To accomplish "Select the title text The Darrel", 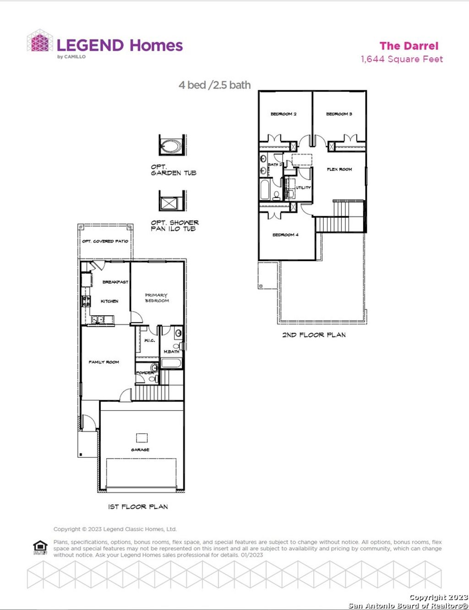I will pos(409,46).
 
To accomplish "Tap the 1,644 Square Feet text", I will pos(402,59).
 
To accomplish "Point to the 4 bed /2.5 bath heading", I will pos(214,85).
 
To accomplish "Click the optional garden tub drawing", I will pos(172,146).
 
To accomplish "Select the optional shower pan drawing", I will pos(172,202).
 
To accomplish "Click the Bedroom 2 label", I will pos(284,114).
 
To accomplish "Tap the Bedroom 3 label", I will pos(339,114).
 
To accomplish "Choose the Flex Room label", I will pos(339,169).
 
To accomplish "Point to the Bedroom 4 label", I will pos(285,235).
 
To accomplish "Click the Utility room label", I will pos(303,187).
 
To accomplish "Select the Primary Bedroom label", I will pos(157,298).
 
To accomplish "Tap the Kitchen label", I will pos(109,301).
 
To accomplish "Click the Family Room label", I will pos(104,362).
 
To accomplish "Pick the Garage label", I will pos(140,450).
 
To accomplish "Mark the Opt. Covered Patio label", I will pos(105,241).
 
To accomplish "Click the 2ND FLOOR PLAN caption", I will pos(314,335).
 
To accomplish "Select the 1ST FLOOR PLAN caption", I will pos(138,506).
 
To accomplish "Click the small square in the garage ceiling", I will pos(142,437).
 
